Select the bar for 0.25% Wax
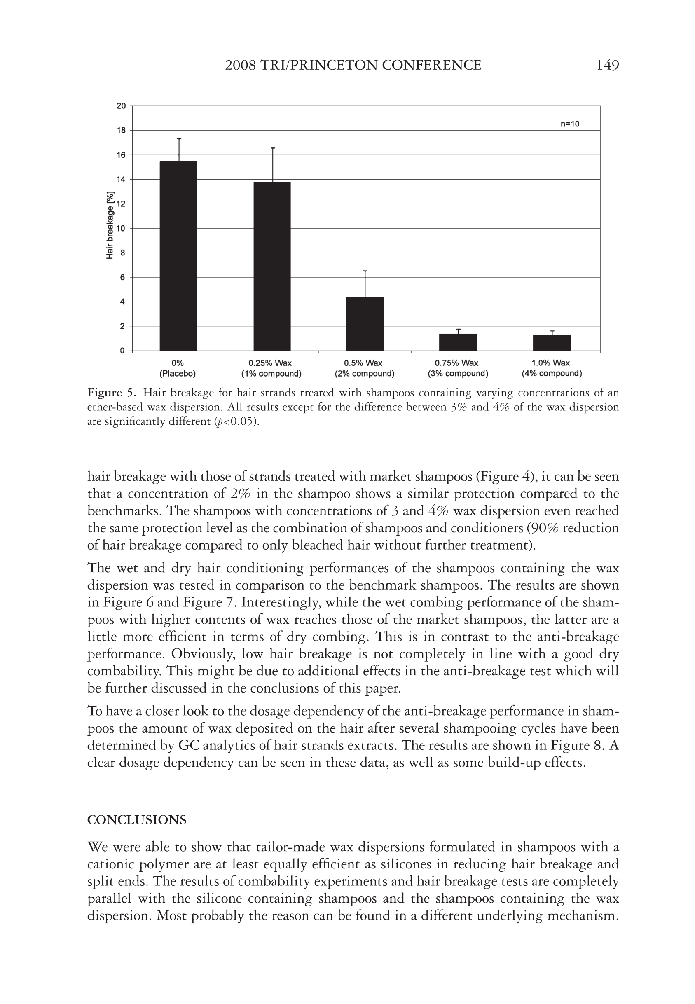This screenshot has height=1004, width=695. tap(272, 266)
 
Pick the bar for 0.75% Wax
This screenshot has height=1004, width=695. tap(458, 342)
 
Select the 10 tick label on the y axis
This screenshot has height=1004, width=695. tap(121, 228)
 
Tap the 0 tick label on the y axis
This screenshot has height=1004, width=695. tap(123, 351)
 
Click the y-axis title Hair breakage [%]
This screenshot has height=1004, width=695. tap(110, 225)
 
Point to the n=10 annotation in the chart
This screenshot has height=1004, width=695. tap(570, 124)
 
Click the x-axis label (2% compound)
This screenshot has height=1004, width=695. tap(365, 374)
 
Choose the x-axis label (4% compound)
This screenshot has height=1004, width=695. tap(552, 374)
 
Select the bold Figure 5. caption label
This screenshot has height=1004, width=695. tap(112, 393)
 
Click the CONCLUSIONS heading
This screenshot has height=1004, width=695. tap(137, 820)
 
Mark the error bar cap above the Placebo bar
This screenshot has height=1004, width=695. tap(179, 138)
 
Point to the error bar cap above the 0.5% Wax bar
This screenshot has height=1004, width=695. tap(365, 271)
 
